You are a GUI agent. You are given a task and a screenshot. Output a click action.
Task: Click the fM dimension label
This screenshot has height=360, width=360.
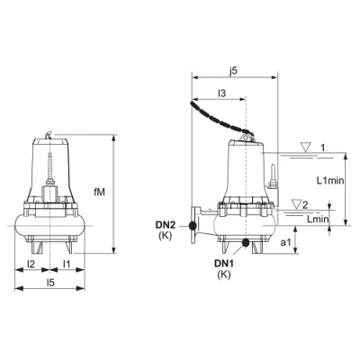pyautogui.click(x=99, y=193)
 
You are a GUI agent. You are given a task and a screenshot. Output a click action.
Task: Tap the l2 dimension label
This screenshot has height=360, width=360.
pyautogui.click(x=31, y=264)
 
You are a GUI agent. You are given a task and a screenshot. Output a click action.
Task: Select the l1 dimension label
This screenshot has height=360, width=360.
pyautogui.click(x=67, y=264)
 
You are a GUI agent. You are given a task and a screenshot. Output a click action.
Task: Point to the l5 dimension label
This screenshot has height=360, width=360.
pyautogui.click(x=50, y=283)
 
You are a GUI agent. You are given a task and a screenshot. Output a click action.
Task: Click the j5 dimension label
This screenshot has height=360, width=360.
pyautogui.click(x=232, y=71)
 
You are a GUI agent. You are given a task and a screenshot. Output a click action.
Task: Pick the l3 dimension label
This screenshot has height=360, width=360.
pyautogui.click(x=221, y=94)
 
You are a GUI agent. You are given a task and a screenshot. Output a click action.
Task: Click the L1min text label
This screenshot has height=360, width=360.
pyautogui.click(x=330, y=181)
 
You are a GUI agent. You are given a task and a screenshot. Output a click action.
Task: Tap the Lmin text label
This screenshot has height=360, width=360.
pyautogui.click(x=318, y=219)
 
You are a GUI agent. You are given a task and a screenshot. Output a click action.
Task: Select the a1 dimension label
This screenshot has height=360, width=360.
pyautogui.click(x=285, y=242)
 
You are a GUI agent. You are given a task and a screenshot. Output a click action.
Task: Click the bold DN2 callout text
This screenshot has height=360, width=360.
pyautogui.click(x=166, y=224)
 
